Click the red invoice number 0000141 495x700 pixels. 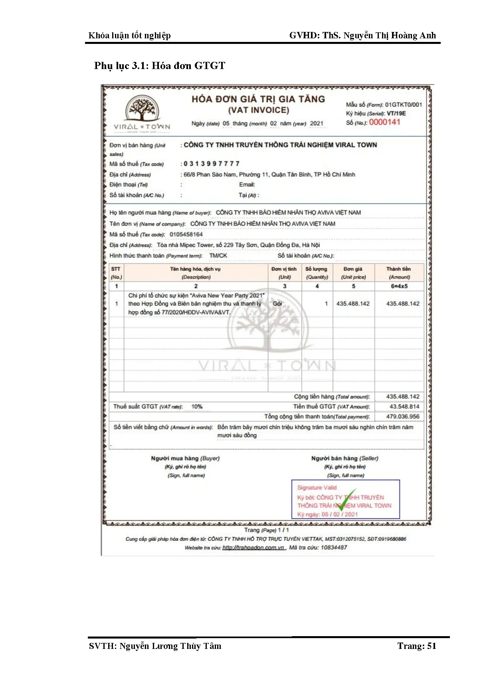384,122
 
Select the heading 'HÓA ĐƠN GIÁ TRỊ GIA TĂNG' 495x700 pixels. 258,99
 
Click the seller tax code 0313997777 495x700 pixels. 212,164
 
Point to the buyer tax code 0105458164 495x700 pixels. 186,234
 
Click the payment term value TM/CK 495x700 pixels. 218,255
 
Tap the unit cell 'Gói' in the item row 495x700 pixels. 277,304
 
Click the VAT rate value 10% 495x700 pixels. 197,406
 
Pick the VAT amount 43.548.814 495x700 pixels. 404,406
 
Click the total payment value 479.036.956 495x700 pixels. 403,416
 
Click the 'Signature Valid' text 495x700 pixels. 317,488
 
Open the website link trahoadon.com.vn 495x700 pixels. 253,548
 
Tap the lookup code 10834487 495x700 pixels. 334,548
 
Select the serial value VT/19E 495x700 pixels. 396,113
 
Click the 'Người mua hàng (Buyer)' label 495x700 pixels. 185,458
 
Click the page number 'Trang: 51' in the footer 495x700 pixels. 417,646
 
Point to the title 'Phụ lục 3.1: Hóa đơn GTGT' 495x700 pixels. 160,65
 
